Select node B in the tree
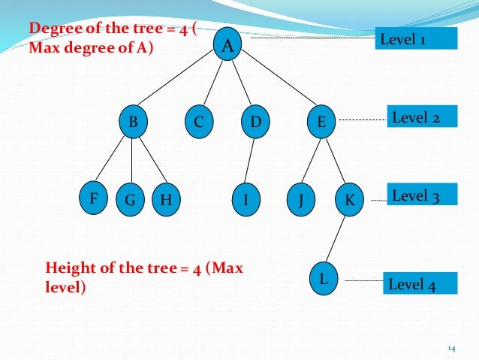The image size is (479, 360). click(x=133, y=121)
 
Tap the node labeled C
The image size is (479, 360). click(x=199, y=121)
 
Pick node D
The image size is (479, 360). click(x=255, y=121)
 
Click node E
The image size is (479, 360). click(x=321, y=121)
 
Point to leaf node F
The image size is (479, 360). click(x=94, y=199)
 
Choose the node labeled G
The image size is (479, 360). click(x=131, y=201)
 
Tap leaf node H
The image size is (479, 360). click(x=165, y=201)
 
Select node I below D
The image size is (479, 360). click(x=246, y=201)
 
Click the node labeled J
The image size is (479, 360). click(x=300, y=201)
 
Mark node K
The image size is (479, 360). click(x=349, y=201)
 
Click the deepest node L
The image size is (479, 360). click(x=324, y=279)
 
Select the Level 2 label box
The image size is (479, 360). click(x=422, y=117)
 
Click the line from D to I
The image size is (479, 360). click(x=251, y=161)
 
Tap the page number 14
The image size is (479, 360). click(x=451, y=348)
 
